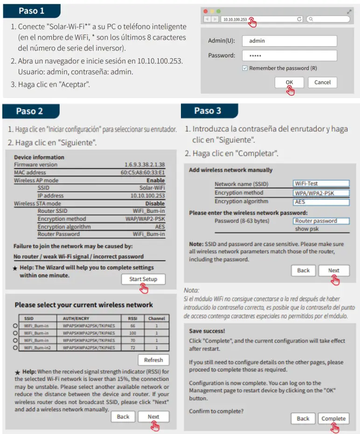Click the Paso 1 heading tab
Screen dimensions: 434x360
tap(32, 11)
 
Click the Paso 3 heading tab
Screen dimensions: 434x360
tap(208, 111)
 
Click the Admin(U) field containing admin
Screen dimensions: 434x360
tap(289, 41)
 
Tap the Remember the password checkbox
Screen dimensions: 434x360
tap(245, 68)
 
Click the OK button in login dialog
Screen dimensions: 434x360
tap(289, 82)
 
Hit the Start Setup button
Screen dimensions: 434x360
tap(143, 279)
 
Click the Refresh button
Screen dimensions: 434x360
tap(153, 360)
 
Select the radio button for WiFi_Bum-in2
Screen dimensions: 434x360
tap(15, 348)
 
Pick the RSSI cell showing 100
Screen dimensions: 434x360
tap(132, 333)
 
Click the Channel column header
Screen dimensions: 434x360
tap(156, 318)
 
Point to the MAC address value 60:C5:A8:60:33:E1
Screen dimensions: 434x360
tap(142, 172)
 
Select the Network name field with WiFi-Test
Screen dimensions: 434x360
tap(321, 183)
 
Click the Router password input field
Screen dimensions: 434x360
tap(321, 221)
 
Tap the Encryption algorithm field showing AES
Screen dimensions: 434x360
tap(321, 202)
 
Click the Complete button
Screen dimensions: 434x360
tap(333, 418)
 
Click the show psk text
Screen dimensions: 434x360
tap(307, 229)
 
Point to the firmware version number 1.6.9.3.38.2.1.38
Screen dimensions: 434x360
tap(144, 165)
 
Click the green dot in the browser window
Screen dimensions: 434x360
tap(219, 11)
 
